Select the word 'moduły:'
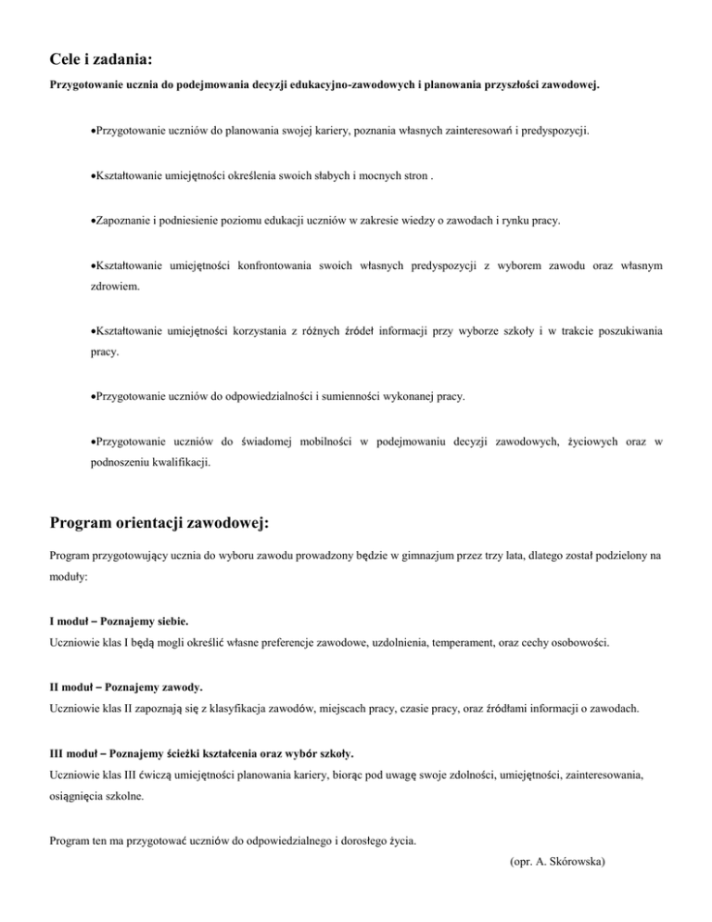70,581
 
